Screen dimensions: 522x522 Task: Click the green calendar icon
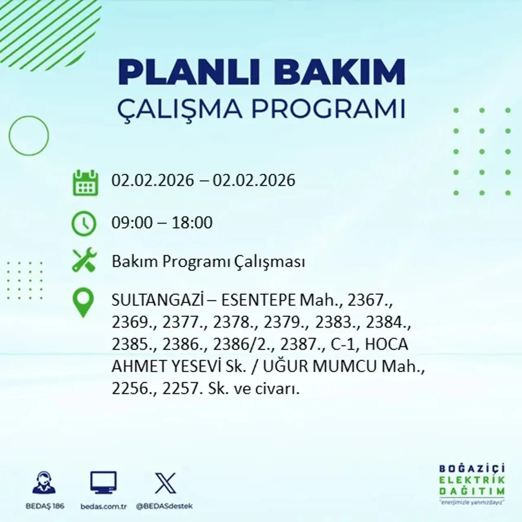85,182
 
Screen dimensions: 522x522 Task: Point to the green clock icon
84,224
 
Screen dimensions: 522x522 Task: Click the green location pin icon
83,303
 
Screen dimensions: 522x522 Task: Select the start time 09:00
132,223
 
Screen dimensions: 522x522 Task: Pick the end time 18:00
192,223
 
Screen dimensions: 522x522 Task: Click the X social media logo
166,484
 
